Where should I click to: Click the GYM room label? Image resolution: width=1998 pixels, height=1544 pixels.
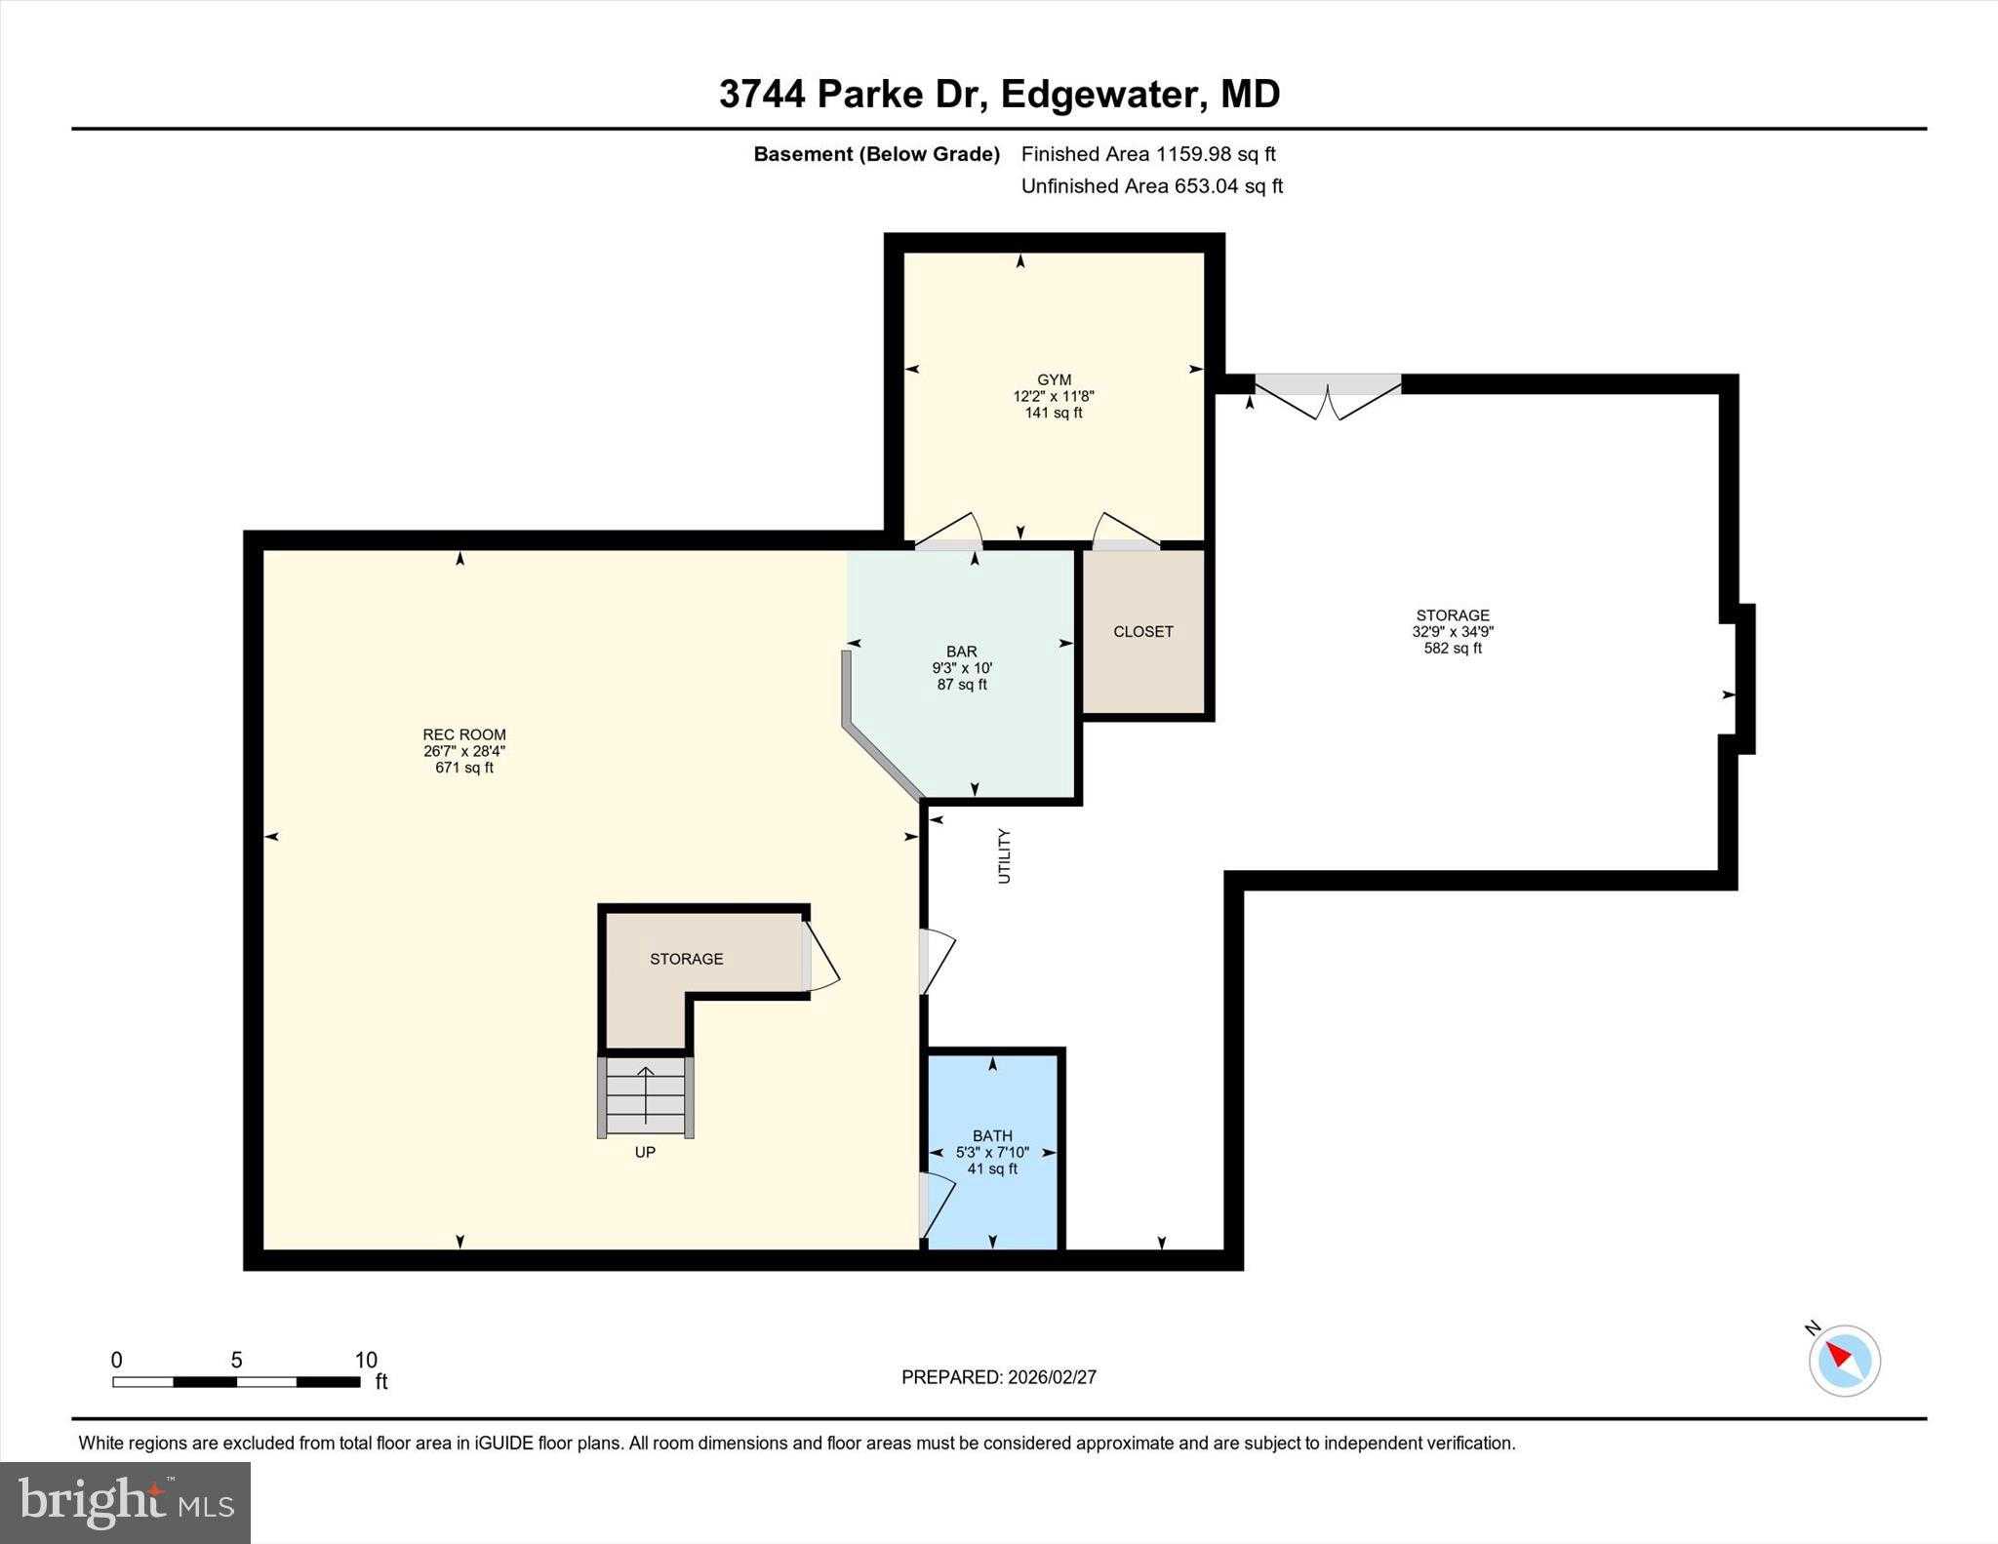[x=1054, y=380]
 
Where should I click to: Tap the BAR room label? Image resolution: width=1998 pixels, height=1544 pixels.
[x=961, y=652]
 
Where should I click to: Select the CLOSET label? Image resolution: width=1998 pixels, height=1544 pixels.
[x=1142, y=632]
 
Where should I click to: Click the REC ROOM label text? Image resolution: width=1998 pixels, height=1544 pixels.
[x=464, y=735]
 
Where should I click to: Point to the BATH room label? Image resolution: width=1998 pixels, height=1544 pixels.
[x=992, y=1135]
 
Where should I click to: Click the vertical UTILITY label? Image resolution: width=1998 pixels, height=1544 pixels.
[x=1004, y=856]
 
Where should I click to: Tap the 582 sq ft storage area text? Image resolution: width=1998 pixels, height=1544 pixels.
[x=1452, y=648]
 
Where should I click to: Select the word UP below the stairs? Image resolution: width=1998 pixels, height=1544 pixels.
[x=645, y=1152]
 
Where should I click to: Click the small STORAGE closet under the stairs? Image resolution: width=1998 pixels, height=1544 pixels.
[x=686, y=959]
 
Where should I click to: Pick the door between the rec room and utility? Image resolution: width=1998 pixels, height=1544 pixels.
[x=934, y=962]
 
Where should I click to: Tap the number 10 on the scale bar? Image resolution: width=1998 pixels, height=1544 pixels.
[x=365, y=1360]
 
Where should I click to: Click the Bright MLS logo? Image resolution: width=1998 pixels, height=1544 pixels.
[x=125, y=1502]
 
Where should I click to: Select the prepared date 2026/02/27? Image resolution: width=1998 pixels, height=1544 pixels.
[x=1052, y=1377]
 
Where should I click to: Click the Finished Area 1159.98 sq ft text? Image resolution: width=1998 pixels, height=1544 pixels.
[x=1148, y=154]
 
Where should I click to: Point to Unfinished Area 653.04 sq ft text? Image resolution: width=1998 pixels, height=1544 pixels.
[x=1151, y=186]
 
